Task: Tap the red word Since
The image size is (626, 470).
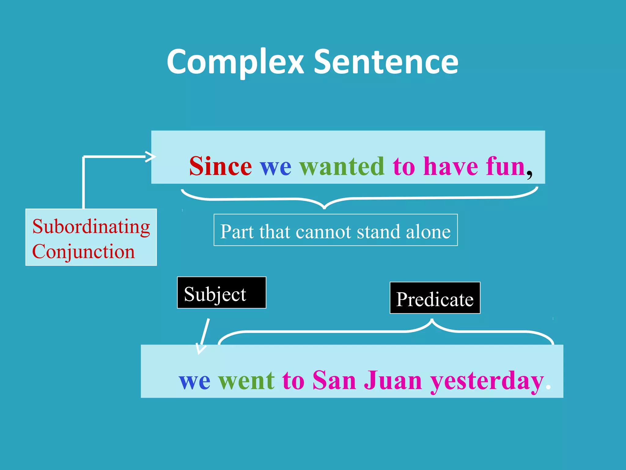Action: [x=220, y=166]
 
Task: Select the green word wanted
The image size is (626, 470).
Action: [x=342, y=166]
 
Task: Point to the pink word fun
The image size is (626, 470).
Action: [x=506, y=166]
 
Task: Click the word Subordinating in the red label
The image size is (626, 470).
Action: [x=91, y=227]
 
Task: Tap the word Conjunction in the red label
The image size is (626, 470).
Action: [x=83, y=252]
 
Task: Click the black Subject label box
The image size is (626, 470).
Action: [x=222, y=293]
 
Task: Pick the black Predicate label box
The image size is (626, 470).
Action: [x=435, y=298]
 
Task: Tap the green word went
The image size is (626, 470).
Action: [x=246, y=381]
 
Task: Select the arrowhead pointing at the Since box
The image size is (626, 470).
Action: [x=151, y=157]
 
